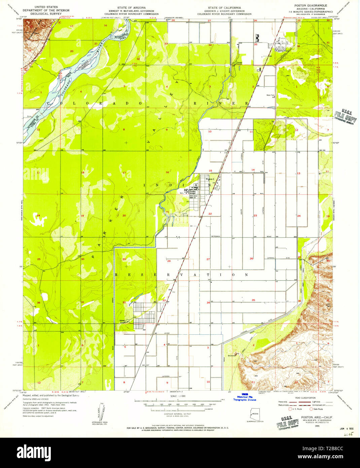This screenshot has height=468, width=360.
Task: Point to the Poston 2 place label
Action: click(x=210, y=179)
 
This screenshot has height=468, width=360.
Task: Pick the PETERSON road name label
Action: click(x=216, y=236)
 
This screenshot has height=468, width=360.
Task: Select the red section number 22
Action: click(x=210, y=214)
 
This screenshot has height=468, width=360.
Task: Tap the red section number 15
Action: click(x=210, y=171)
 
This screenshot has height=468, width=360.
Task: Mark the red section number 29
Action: click(x=124, y=259)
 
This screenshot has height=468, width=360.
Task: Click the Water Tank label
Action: click(x=271, y=95)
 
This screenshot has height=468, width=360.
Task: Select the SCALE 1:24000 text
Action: click(x=178, y=396)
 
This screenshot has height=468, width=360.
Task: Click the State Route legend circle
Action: click(x=311, y=409)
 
